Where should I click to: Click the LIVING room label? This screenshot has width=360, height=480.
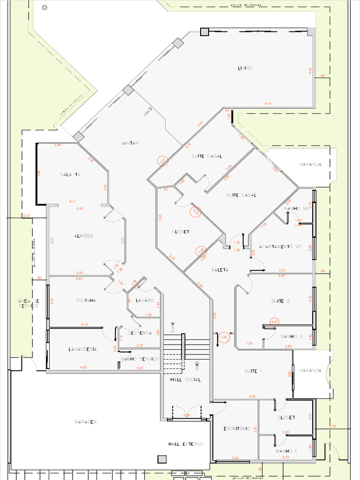[x=245, y=68]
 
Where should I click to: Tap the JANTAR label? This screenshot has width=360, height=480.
[x=129, y=143]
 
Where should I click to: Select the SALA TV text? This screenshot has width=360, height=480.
[x=70, y=174]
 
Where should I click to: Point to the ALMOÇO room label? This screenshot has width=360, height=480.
[x=83, y=236]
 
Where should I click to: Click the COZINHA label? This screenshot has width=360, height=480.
[x=86, y=300]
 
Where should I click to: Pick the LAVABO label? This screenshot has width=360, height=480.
[x=145, y=300]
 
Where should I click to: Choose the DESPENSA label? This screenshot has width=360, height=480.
[x=140, y=333]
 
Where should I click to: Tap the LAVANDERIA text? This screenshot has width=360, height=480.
[x=82, y=349]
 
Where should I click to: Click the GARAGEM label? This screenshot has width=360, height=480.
[x=86, y=422]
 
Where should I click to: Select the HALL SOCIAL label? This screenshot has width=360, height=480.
[x=185, y=380]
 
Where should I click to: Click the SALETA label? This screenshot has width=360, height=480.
[x=219, y=270]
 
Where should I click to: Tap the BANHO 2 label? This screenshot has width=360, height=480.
[x=292, y=337]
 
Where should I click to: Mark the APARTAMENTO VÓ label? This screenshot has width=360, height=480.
[x=279, y=246]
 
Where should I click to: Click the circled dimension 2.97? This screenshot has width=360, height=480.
[x=163, y=161]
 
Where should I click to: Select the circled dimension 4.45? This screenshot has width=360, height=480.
[x=275, y=322]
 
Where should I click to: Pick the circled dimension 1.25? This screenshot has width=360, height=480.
[x=224, y=337]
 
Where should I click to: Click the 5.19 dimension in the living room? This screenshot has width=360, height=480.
[x=268, y=103]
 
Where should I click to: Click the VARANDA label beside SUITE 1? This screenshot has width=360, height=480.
[x=311, y=370]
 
